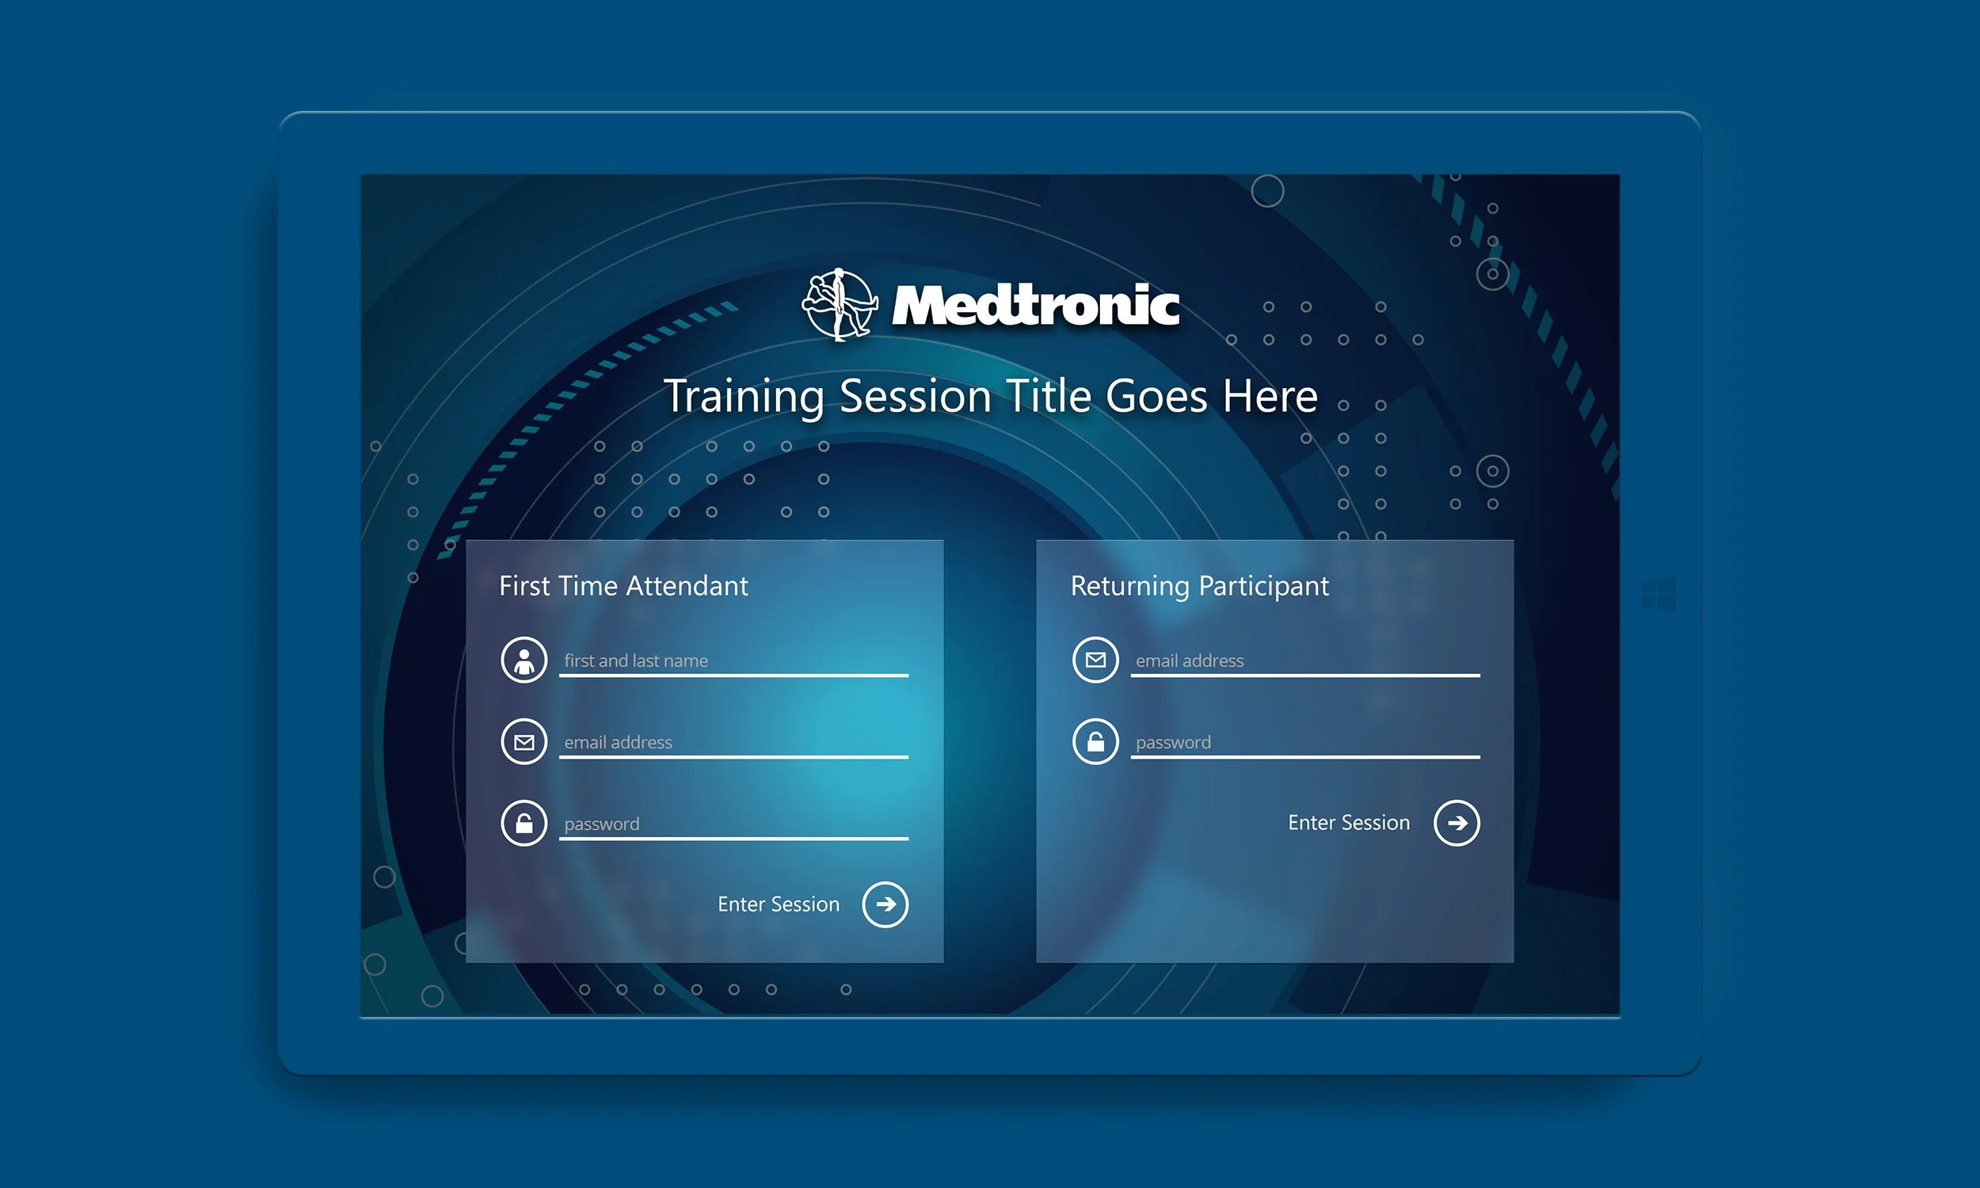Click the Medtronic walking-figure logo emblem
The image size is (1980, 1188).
pos(839,305)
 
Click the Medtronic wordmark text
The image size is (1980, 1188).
pos(1036,306)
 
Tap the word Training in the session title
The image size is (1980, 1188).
pos(744,396)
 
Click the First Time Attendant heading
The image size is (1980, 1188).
pos(623,586)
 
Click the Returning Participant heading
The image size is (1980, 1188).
pos(1199,586)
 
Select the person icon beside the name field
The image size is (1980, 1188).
pos(524,661)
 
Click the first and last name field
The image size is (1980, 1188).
pos(733,661)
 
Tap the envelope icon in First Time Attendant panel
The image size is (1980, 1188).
pos(524,742)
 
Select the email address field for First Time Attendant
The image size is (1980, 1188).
pos(733,743)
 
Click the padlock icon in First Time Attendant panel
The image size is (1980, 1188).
pos(524,823)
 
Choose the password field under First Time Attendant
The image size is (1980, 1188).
pos(733,824)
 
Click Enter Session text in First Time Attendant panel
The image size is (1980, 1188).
pos(778,904)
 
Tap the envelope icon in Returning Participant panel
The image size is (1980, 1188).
pos(1095,661)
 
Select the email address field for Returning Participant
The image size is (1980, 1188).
pos(1304,661)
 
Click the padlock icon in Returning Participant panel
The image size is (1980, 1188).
pos(1095,742)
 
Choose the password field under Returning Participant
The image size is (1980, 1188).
pos(1304,743)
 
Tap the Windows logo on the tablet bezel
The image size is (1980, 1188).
pos(1658,595)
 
